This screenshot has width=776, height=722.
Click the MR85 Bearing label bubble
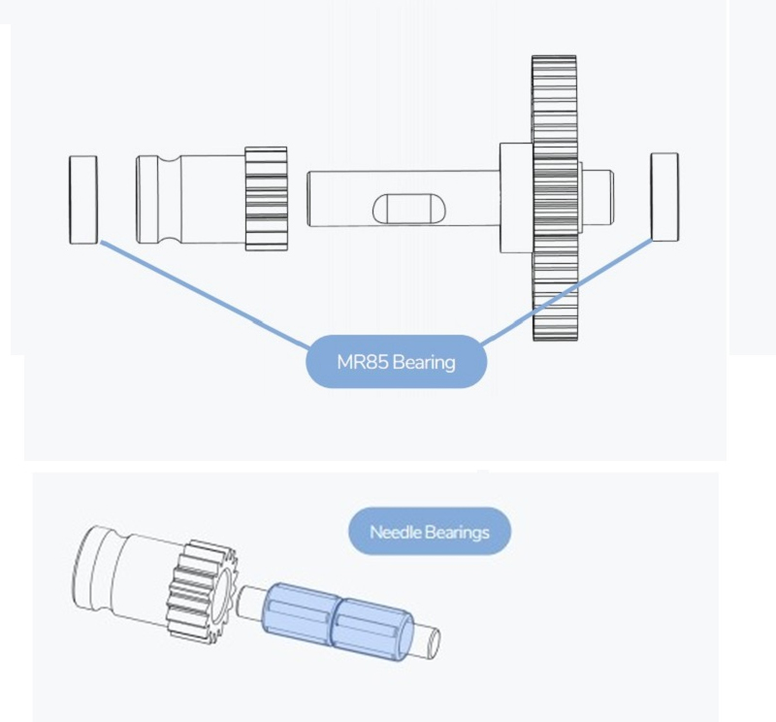(395, 362)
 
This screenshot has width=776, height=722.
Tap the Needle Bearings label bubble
(429, 532)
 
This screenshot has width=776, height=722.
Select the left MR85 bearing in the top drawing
(83, 198)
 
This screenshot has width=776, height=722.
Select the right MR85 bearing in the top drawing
(664, 195)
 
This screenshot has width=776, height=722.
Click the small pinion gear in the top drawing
(266, 198)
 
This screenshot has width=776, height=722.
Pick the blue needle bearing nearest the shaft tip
(372, 632)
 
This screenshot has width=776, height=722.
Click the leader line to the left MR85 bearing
(204, 291)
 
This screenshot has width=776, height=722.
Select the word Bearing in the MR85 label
(423, 363)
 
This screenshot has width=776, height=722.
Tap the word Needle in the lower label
(392, 532)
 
